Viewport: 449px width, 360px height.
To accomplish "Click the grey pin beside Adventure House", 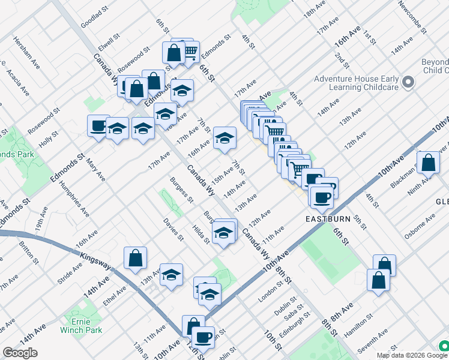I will tap(409, 82).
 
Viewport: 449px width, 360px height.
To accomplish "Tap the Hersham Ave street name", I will tap(25, 52).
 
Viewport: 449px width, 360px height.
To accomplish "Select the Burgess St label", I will tap(181, 189).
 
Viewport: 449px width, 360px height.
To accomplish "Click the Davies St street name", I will tap(173, 229).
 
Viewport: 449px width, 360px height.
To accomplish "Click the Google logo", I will tap(20, 353).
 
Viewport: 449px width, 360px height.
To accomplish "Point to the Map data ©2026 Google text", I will tap(403, 355).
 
